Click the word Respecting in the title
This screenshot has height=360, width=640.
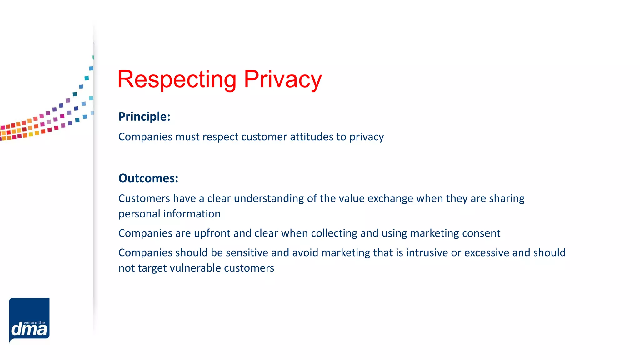tap(177, 79)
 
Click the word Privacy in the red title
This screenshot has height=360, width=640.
tap(282, 79)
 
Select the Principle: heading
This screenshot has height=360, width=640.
tap(144, 117)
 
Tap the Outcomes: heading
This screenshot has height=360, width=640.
tap(148, 178)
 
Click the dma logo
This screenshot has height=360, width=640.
tap(29, 321)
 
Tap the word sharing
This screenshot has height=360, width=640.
tap(507, 199)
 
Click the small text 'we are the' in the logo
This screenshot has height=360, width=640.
tap(34, 323)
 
